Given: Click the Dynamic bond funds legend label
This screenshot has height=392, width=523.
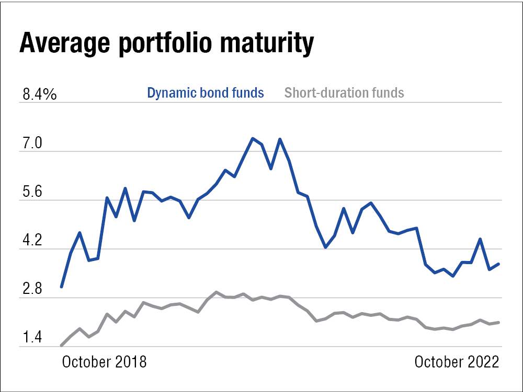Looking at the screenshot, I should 206,93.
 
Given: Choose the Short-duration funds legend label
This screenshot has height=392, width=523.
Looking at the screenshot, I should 344,93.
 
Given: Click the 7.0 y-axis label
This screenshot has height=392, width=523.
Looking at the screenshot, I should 32,144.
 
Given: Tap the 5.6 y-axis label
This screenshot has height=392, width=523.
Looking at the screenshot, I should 32,192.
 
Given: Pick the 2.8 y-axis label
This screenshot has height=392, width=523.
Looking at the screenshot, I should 32,290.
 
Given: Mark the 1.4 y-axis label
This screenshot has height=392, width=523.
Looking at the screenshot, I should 32,338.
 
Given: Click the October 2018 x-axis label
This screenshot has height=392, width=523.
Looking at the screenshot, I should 105,362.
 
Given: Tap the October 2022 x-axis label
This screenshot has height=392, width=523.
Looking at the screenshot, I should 457,362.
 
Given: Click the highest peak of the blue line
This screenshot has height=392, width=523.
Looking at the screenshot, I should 253,138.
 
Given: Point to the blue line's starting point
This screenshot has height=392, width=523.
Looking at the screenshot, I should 61,287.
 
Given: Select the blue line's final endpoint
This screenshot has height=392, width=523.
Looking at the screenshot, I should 499,264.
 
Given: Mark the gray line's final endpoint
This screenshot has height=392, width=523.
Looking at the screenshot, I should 499,323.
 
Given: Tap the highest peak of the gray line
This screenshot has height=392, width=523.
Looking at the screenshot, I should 216,292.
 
